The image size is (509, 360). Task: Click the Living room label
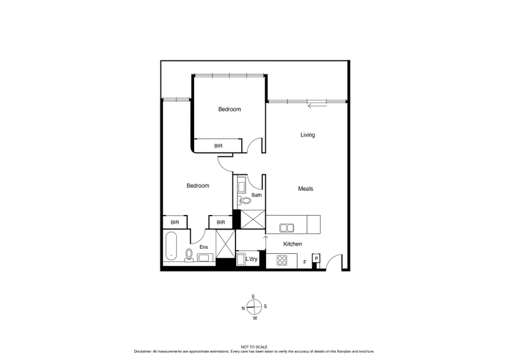[x=308, y=135]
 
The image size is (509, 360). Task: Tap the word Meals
[x=305, y=189]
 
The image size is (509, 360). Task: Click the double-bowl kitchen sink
[x=286, y=227]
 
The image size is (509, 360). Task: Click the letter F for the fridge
[x=305, y=261]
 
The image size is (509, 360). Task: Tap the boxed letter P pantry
[x=316, y=259]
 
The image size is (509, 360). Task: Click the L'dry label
[x=251, y=259]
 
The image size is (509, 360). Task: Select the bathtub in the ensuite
[x=172, y=247]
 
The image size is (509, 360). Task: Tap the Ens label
[x=204, y=247]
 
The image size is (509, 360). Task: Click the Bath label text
[x=256, y=195]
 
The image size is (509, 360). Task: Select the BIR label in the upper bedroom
[x=218, y=146]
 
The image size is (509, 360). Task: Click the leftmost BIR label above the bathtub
[x=174, y=223]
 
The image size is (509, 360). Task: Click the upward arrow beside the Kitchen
[x=266, y=239]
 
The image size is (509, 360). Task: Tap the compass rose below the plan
[x=254, y=307]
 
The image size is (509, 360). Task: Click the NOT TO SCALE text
[x=254, y=347]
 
